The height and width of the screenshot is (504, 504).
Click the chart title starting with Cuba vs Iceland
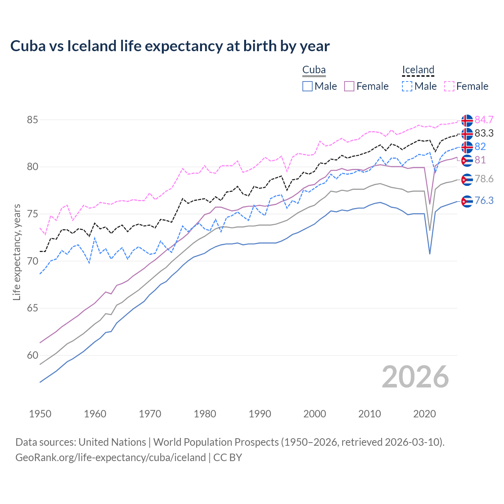[170, 46]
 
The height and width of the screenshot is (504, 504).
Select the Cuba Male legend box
[308, 86]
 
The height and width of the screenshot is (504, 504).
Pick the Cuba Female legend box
[349, 86]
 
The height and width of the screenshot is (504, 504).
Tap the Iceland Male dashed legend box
[407, 86]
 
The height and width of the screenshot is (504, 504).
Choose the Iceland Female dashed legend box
[449, 86]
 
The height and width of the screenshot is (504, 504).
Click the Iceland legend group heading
[418, 70]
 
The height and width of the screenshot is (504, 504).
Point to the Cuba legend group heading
[314, 70]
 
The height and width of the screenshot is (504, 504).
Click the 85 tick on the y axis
[32, 120]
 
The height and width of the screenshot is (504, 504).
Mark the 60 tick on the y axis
[32, 355]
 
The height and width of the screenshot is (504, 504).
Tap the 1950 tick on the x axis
[40, 414]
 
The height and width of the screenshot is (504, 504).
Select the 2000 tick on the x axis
[315, 414]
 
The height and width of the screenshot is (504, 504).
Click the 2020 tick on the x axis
[424, 414]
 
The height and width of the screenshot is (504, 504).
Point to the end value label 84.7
[484, 120]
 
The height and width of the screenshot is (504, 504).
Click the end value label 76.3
[484, 201]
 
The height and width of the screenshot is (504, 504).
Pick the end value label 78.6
[484, 179]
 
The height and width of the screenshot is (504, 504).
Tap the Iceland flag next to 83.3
[467, 134]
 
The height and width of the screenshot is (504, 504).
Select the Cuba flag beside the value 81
[467, 161]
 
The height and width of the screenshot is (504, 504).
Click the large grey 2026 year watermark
[415, 377]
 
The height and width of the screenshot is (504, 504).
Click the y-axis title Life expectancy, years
[17, 252]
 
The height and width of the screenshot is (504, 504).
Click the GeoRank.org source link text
[111, 458]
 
